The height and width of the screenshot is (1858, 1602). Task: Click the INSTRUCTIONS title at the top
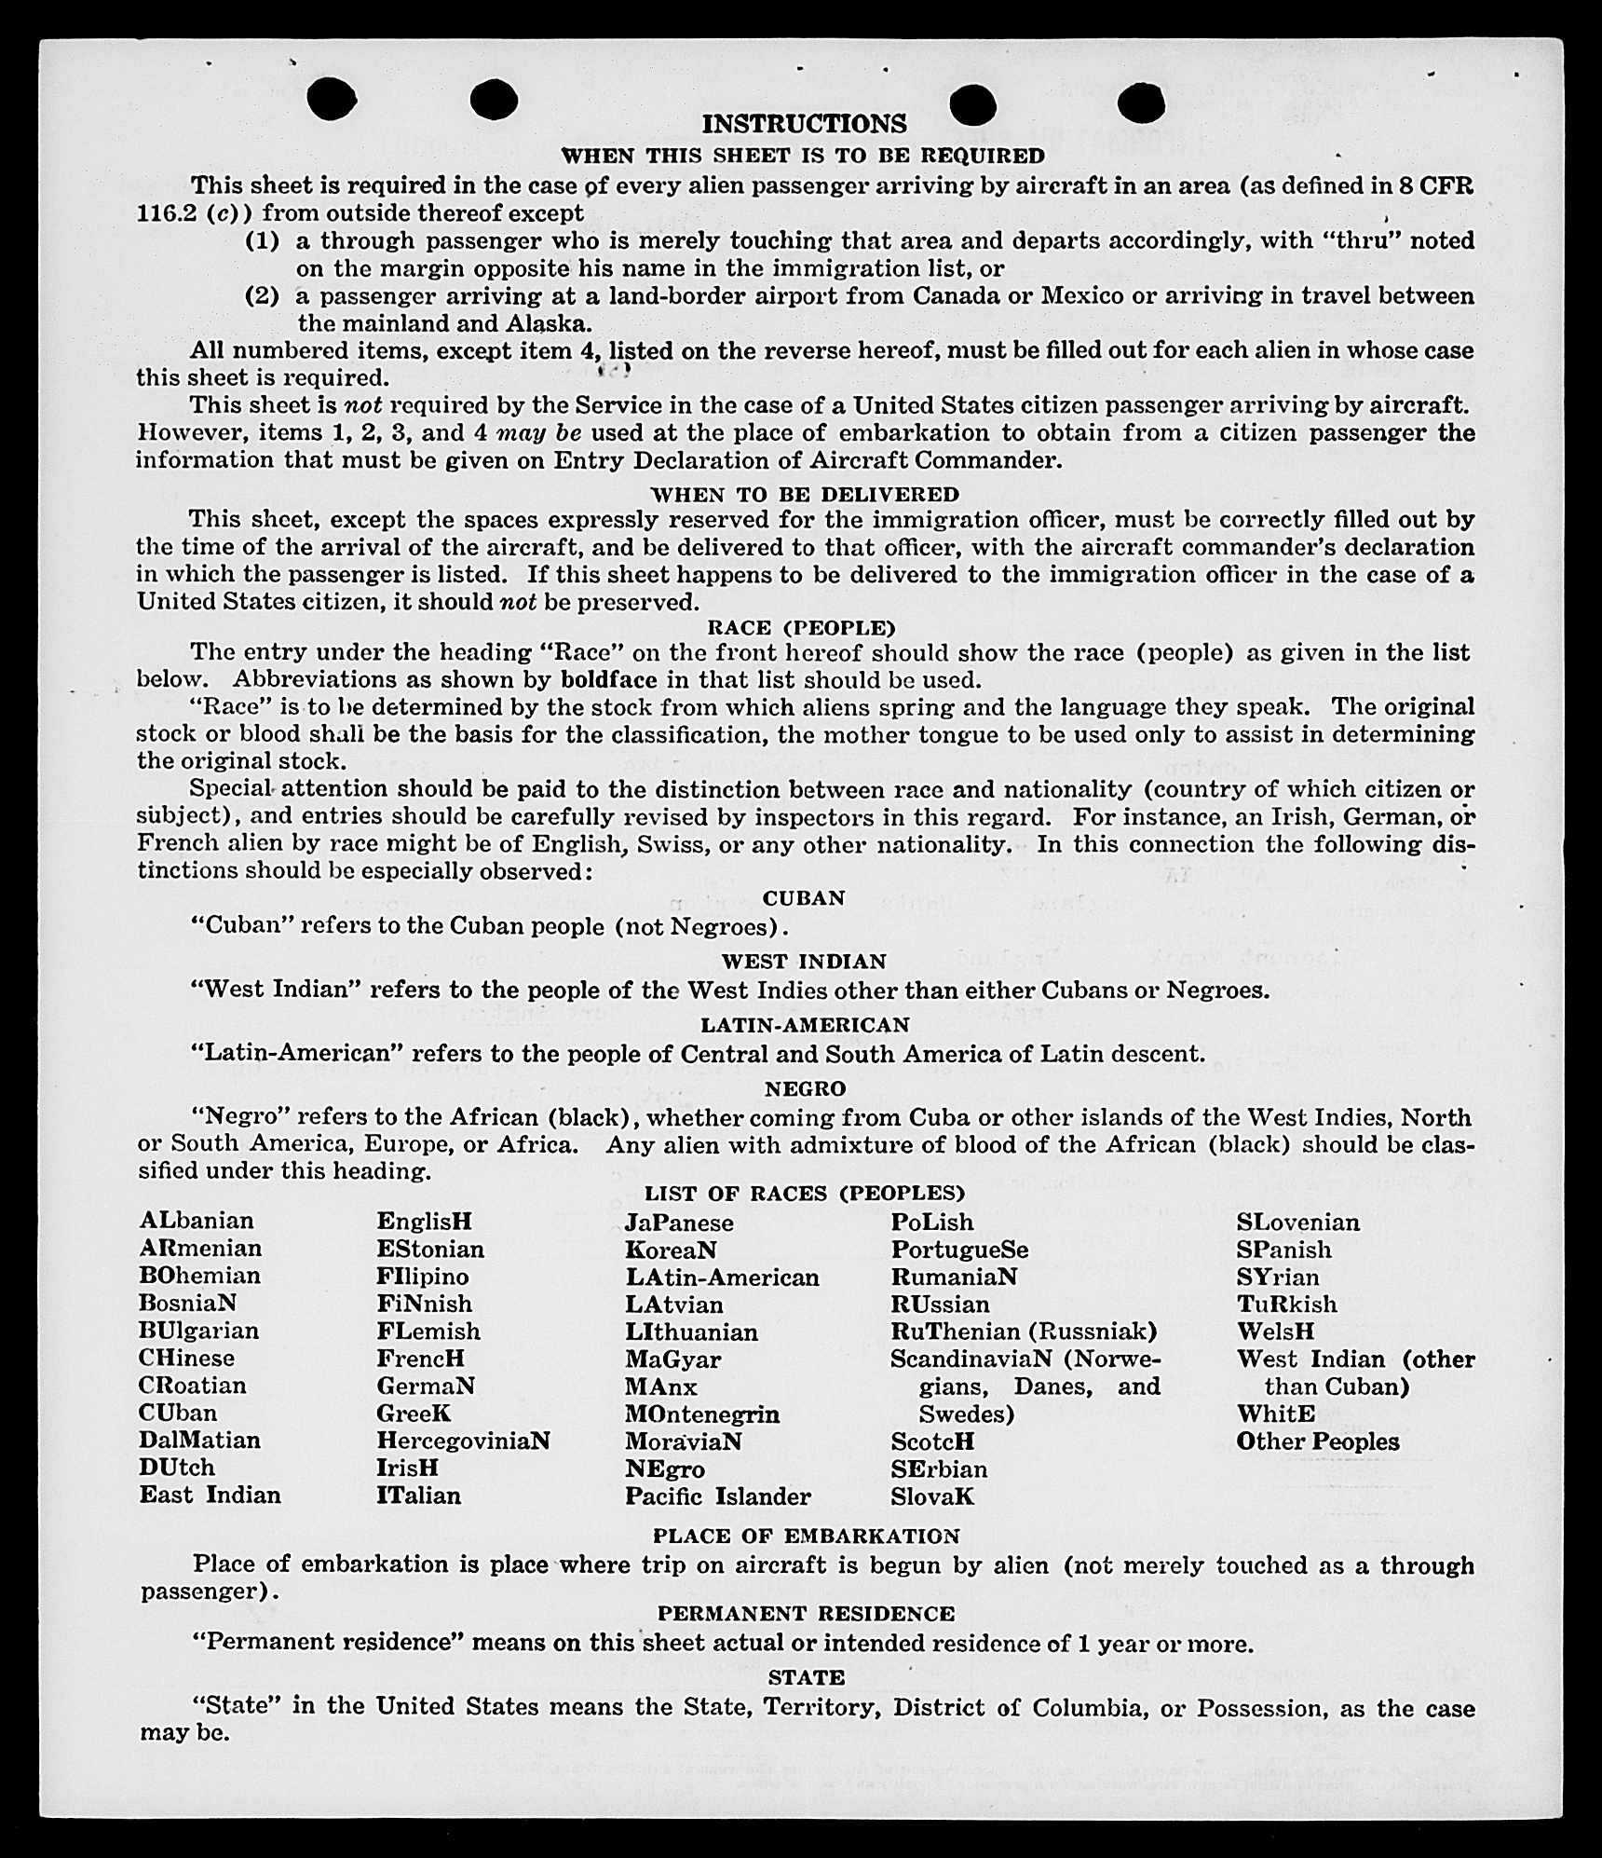pyautogui.click(x=804, y=124)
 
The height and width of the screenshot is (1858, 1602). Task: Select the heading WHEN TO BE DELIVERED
pyautogui.click(x=805, y=494)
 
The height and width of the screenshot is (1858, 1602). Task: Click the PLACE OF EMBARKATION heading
pyautogui.click(x=806, y=1536)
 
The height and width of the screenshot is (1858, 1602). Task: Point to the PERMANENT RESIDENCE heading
pyautogui.click(x=806, y=1613)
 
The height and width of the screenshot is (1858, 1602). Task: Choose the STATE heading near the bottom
pyautogui.click(x=807, y=1677)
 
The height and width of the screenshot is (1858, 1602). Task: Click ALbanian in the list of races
pyautogui.click(x=197, y=1221)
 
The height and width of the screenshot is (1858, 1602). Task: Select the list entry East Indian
pyautogui.click(x=210, y=1495)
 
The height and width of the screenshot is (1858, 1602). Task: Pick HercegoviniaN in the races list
pyautogui.click(x=463, y=1441)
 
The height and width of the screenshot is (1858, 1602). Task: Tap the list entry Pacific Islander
pyautogui.click(x=717, y=1496)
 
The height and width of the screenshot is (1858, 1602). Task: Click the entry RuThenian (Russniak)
pyautogui.click(x=1024, y=1331)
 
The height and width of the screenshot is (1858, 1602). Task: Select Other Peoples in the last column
pyautogui.click(x=1317, y=1441)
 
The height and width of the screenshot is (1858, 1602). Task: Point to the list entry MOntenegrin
pyautogui.click(x=702, y=1414)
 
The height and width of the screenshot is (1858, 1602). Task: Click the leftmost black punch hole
pyautogui.click(x=331, y=99)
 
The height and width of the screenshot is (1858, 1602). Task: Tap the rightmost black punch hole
pyautogui.click(x=1141, y=102)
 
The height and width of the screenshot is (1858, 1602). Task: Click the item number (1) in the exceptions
pyautogui.click(x=263, y=240)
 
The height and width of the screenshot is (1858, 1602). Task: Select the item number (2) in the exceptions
pyautogui.click(x=263, y=296)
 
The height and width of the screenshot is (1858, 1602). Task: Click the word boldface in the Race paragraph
pyautogui.click(x=609, y=679)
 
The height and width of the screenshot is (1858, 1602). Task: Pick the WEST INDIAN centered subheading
pyautogui.click(x=804, y=961)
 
